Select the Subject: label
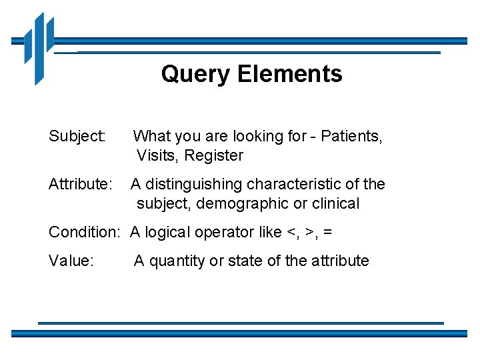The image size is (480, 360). pos(77,137)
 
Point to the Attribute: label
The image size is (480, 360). pos(81,184)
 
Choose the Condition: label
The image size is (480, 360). pos(84,232)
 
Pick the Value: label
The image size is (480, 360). pos(71,260)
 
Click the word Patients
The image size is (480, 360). pos(351,137)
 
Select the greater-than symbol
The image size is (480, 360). pos(309,233)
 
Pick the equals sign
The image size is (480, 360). pos(327,233)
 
